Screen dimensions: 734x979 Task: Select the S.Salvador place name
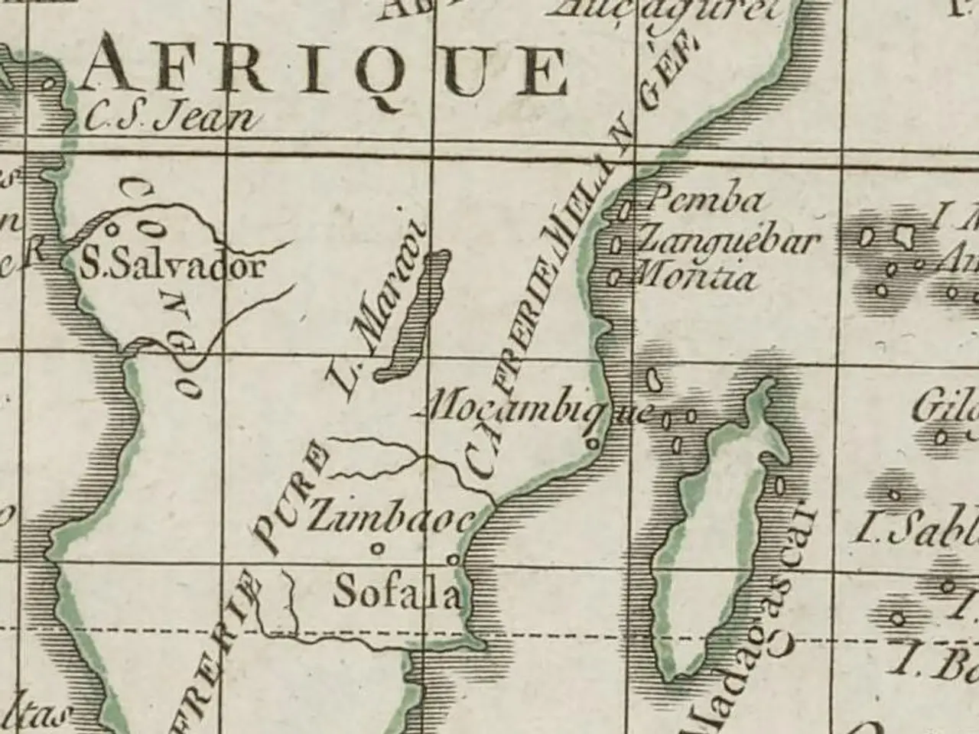[x=173, y=267]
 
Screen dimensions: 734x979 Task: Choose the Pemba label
[x=704, y=201]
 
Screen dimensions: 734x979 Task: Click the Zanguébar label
[x=727, y=241]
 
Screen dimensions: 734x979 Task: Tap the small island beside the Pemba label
[x=625, y=207]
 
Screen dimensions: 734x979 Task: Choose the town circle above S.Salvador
[x=112, y=227]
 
